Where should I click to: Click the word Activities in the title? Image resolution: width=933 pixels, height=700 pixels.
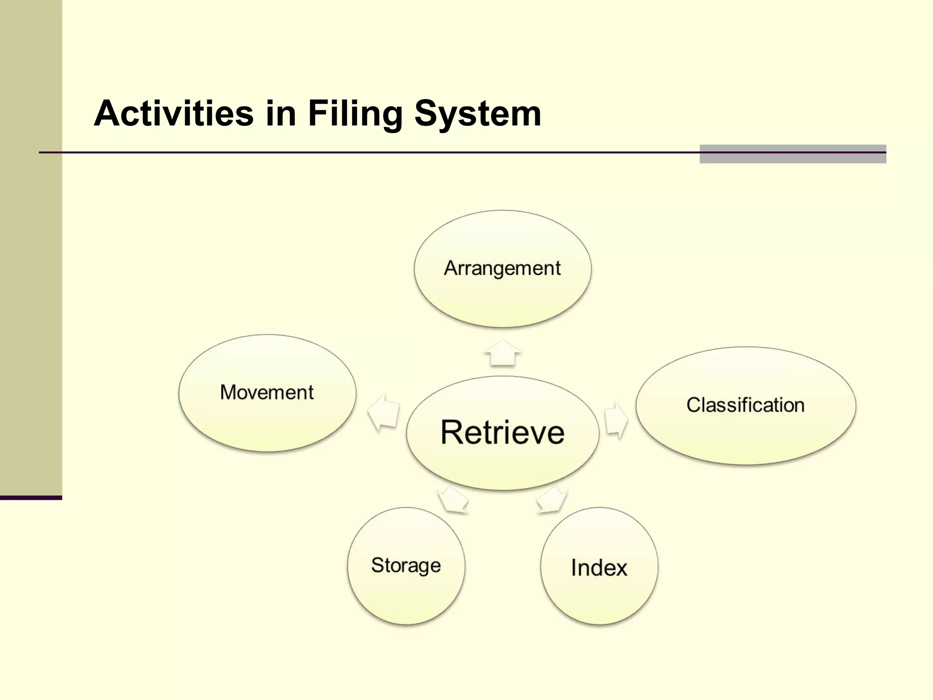pos(173,113)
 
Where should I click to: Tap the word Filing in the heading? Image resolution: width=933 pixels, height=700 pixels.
pos(355,113)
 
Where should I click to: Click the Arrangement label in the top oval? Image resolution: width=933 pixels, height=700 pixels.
pos(502,268)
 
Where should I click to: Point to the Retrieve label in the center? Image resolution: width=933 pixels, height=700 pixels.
pos(502,432)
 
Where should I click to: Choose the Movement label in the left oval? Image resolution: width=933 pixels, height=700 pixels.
pos(267,392)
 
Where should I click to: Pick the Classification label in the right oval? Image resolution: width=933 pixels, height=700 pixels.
pos(745,405)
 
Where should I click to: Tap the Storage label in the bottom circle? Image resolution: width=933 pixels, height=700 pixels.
pos(406,566)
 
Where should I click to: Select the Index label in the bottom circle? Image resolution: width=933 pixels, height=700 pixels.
pos(599,568)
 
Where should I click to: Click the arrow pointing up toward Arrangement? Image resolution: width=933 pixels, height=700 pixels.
pos(502,353)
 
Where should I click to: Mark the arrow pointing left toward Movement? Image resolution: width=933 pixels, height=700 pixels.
pos(384,412)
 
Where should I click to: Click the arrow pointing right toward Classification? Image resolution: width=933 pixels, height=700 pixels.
pos(616,420)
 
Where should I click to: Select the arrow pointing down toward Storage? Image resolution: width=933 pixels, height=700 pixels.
pos(453,500)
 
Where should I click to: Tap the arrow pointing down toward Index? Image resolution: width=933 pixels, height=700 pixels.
pos(553,500)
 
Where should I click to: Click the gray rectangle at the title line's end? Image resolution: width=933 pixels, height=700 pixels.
pos(793,154)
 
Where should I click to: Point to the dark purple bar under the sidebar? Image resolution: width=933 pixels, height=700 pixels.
pos(31,498)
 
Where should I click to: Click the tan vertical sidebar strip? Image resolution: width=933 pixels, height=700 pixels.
pos(31,273)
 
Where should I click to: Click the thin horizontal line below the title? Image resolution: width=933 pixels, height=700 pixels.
pos(364,152)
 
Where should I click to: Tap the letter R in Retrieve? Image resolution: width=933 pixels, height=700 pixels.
pos(452,432)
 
